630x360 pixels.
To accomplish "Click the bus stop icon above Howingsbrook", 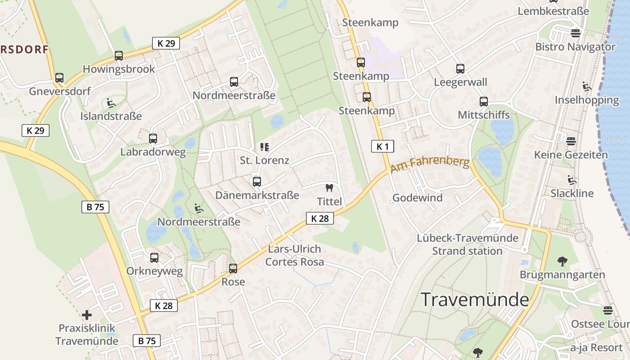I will point(119,56).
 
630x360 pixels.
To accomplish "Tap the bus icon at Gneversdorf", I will point(59,78).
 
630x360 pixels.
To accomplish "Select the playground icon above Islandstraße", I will point(111,103).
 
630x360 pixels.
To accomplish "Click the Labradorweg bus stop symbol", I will point(153,139).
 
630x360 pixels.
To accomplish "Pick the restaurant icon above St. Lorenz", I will point(264,147).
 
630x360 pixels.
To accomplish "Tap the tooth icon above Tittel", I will point(329,188).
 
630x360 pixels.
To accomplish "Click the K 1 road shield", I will point(382,146).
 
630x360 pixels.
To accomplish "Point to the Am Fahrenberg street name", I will point(430,165).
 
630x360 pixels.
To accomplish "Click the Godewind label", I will point(418,198).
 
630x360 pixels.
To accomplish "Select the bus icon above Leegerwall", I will point(460,69).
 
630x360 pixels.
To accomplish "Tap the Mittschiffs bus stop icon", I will point(484,102).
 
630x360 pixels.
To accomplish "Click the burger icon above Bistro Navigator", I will point(576,33).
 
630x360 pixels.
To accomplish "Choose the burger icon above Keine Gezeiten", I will point(571,141).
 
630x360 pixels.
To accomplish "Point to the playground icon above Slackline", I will point(572,180).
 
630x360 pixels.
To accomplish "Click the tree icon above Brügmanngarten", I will point(562,261).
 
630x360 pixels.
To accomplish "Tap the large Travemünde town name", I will point(475,300).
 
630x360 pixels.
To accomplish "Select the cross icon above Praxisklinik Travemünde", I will point(87,315).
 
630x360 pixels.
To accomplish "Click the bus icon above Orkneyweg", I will point(154,258).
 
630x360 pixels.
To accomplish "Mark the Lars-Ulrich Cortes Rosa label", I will point(294,255).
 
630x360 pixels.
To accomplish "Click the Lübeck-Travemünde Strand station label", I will point(468,244).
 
